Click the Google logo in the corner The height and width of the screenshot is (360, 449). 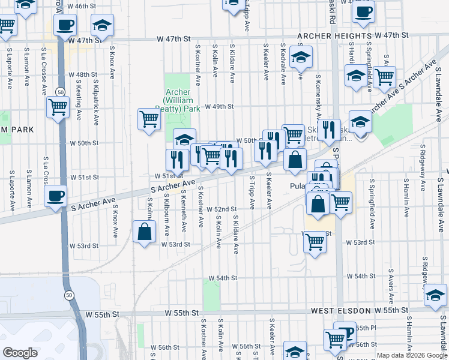[x=20, y=353]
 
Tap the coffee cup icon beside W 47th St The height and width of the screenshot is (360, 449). [x=65, y=25]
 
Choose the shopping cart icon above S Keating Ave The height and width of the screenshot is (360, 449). [x=58, y=107]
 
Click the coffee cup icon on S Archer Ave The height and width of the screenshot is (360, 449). [x=55, y=196]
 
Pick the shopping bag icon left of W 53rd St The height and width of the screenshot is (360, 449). [x=144, y=231]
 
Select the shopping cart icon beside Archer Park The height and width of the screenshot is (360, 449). [x=149, y=118]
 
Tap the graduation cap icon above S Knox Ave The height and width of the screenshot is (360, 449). [x=102, y=25]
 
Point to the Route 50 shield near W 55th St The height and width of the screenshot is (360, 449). [x=70, y=295]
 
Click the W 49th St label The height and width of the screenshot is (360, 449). [x=218, y=107]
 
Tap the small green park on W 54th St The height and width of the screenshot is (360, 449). [x=211, y=295]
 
